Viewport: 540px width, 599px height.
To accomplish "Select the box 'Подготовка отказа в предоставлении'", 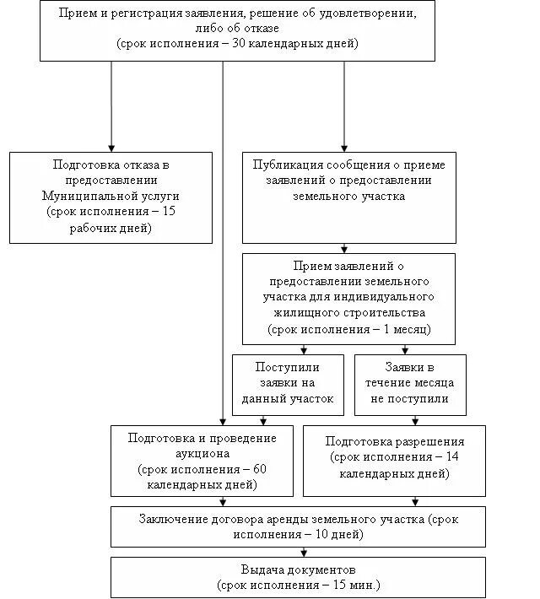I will point(111,197).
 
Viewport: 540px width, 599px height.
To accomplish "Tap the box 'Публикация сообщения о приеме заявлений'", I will point(348,197).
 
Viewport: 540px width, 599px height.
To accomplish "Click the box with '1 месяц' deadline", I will point(348,299).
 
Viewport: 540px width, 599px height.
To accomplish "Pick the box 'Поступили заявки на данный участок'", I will point(288,384).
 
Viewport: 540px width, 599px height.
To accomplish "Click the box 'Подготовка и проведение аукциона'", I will point(202,461).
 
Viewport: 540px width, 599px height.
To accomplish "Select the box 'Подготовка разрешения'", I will point(394,461).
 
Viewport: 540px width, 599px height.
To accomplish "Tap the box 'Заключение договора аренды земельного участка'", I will point(299,526).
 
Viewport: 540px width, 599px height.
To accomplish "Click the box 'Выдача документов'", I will point(299,577).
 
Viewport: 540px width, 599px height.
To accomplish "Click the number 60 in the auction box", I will point(259,469).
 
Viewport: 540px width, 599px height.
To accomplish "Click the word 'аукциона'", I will point(202,454).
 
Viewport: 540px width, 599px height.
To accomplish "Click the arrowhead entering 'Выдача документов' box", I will point(299,553).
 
